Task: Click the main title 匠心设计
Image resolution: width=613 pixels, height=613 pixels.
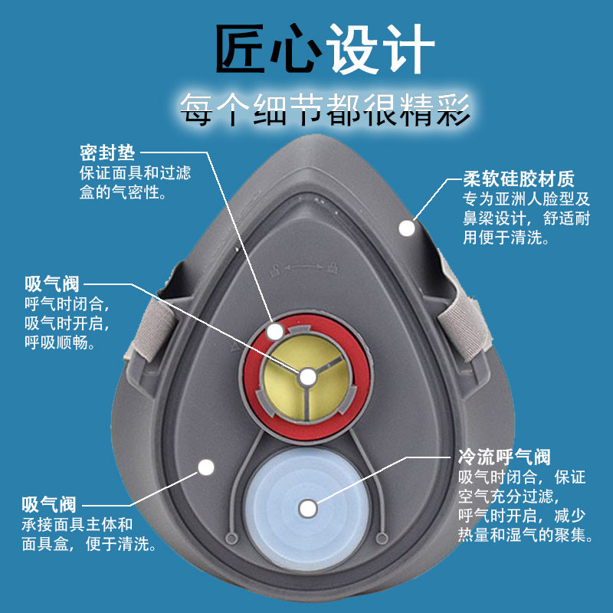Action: [325, 48]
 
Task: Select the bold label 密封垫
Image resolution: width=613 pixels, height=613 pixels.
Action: [107, 152]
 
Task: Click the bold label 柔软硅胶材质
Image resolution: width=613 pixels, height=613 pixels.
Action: [519, 181]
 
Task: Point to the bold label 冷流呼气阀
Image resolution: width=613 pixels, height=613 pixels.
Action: [504, 458]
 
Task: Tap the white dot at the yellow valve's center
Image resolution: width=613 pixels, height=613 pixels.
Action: [307, 377]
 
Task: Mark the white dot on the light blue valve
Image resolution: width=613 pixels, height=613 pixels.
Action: [308, 507]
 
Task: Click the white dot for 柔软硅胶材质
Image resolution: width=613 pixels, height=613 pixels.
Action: [407, 228]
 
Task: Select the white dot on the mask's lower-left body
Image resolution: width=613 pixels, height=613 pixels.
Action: [205, 466]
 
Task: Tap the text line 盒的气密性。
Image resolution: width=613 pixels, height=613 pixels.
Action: [123, 192]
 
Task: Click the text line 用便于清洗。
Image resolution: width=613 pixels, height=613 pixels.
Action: [506, 238]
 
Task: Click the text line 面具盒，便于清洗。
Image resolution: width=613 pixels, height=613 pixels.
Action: [90, 545]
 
